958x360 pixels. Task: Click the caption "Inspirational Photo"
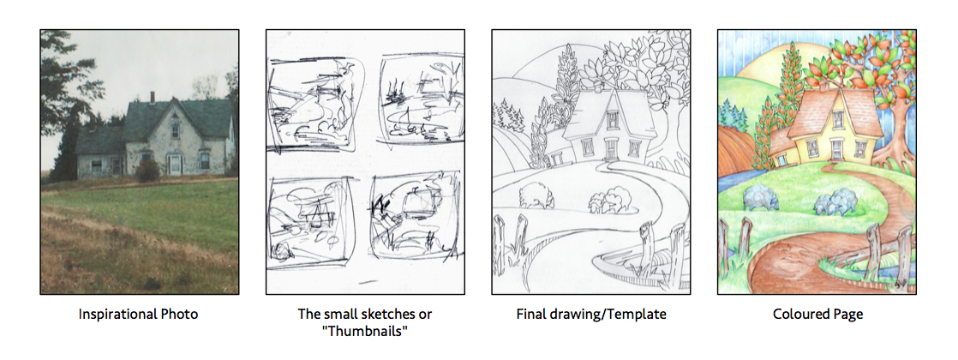click(x=138, y=315)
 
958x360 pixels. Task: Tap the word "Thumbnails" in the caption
click(x=365, y=331)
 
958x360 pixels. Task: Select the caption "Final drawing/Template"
click(x=590, y=315)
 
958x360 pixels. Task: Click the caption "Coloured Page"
click(x=817, y=315)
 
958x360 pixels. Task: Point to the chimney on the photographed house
click(x=153, y=97)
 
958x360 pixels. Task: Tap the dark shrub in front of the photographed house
click(x=147, y=171)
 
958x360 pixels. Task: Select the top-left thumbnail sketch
click(x=316, y=105)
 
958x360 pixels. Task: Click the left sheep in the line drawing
click(x=536, y=195)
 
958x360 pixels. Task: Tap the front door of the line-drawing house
click(x=611, y=150)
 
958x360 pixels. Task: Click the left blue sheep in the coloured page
click(x=761, y=198)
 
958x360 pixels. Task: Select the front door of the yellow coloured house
click(x=835, y=150)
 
